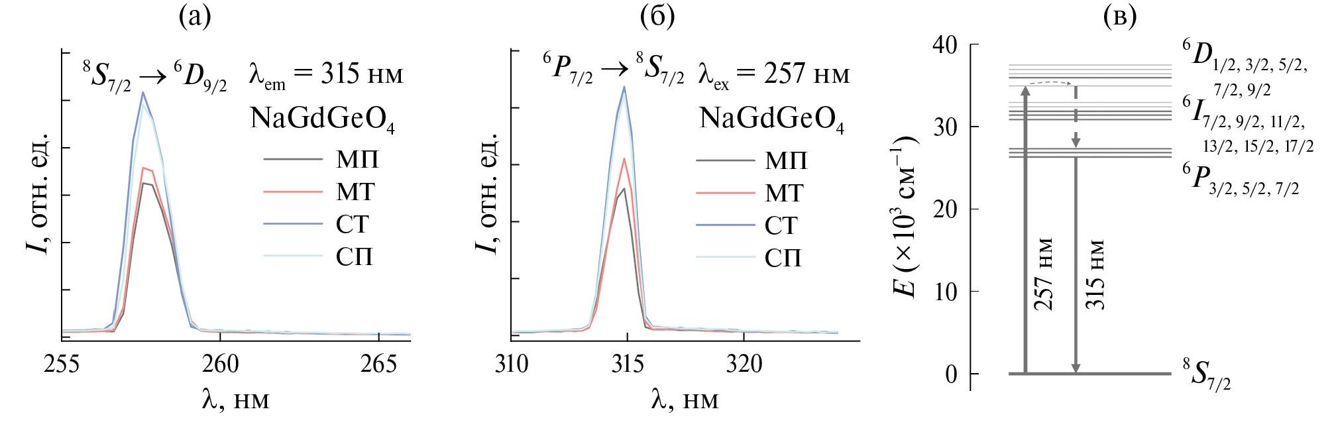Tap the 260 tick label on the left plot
[x=220, y=364]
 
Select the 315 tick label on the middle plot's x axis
[x=627, y=364]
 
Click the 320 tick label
[x=744, y=364]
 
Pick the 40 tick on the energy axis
[x=944, y=45]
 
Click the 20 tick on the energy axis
[x=944, y=209]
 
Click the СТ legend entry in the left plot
[x=352, y=224]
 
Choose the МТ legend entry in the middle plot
[x=784, y=193]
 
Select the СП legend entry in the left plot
[x=355, y=256]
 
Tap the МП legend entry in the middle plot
[x=786, y=160]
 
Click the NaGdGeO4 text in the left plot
[x=322, y=119]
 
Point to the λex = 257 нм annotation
[x=773, y=75]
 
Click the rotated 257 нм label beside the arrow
[x=1043, y=274]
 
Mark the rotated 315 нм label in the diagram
[x=1094, y=274]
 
